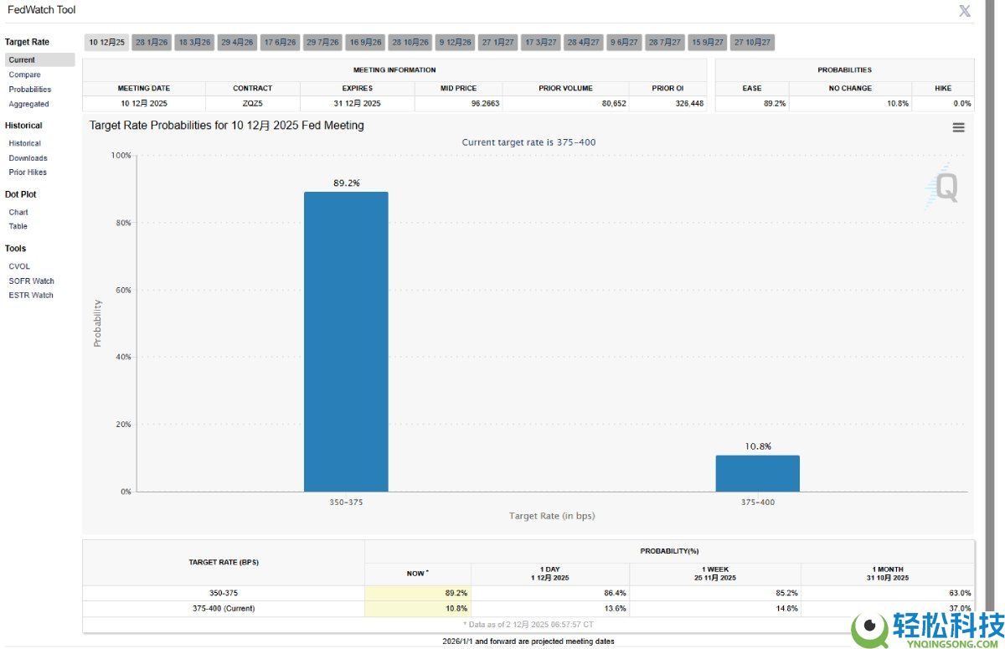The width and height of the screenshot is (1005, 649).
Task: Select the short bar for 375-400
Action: pyautogui.click(x=757, y=473)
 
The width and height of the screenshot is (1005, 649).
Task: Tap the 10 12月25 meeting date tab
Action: pyautogui.click(x=106, y=42)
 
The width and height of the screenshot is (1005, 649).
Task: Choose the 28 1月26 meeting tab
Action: pyautogui.click(x=152, y=42)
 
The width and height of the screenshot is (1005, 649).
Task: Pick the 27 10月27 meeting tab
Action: pyautogui.click(x=752, y=42)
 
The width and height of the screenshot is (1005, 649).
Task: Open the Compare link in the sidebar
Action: pyautogui.click(x=24, y=75)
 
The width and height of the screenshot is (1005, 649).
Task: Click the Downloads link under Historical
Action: pyautogui.click(x=28, y=157)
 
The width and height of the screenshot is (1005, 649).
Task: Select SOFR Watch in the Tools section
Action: pyautogui.click(x=31, y=281)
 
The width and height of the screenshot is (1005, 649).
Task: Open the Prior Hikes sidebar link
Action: pyautogui.click(x=28, y=172)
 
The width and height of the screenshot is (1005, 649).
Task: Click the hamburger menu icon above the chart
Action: pyautogui.click(x=958, y=127)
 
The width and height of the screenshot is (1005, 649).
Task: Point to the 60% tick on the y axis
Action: pyautogui.click(x=122, y=290)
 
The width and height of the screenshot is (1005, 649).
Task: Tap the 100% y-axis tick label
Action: pyautogui.click(x=121, y=156)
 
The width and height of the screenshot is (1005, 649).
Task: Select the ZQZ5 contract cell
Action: pyautogui.click(x=252, y=103)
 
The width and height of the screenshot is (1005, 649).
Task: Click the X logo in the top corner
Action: pyautogui.click(x=965, y=11)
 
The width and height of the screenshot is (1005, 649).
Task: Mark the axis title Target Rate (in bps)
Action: pyautogui.click(x=551, y=516)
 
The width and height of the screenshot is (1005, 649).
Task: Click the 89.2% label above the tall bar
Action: pyautogui.click(x=346, y=183)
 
